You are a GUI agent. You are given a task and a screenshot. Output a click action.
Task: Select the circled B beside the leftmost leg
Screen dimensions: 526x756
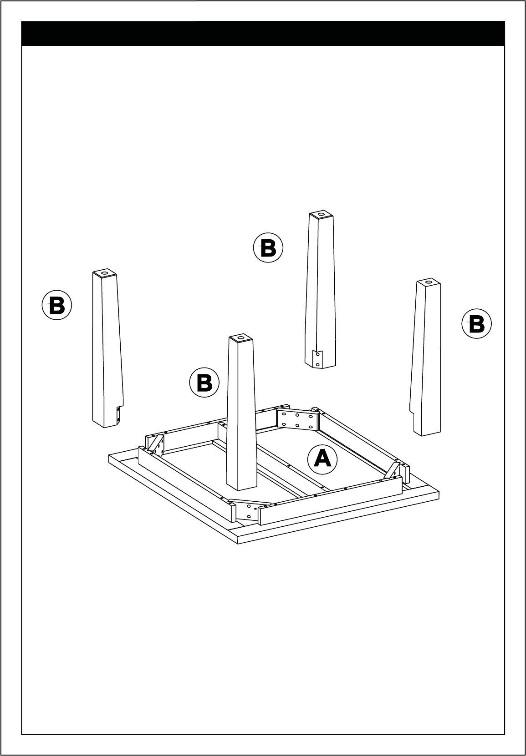pos(57,305)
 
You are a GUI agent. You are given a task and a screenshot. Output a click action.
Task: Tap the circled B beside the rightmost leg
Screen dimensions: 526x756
pos(476,323)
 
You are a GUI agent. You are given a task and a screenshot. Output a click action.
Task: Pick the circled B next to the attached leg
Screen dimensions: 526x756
pos(204,382)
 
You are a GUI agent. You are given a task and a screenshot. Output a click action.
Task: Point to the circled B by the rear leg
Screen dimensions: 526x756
pos(268,247)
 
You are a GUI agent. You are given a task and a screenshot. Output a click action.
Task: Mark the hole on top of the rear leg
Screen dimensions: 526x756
pos(321,214)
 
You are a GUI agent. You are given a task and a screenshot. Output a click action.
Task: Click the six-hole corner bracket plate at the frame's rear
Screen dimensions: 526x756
pos(298,419)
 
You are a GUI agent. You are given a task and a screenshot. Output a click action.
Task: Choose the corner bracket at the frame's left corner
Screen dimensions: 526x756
pos(156,444)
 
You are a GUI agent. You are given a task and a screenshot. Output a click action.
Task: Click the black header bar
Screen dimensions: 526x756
pos(263,33)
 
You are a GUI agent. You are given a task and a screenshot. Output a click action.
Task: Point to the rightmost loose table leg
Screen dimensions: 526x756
pos(425,357)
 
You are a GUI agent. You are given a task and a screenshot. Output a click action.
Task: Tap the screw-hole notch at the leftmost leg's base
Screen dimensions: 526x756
pos(118,415)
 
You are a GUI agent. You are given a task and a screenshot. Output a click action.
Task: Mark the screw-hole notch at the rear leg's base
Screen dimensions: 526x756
pos(317,359)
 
